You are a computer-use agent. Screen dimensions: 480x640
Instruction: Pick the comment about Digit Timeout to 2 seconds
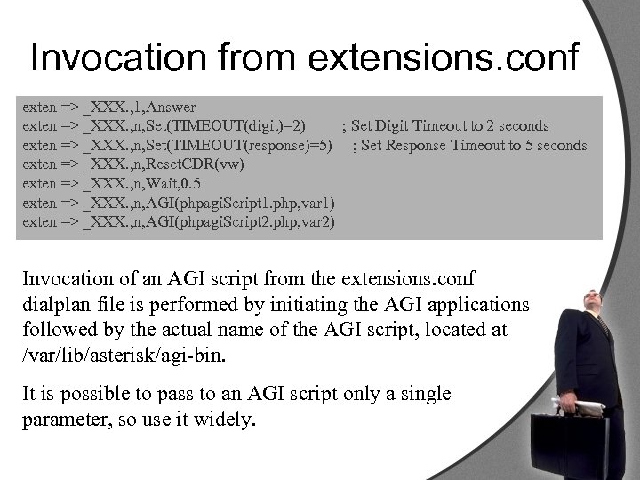444,126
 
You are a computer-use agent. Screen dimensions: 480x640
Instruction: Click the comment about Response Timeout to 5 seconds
470,145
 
